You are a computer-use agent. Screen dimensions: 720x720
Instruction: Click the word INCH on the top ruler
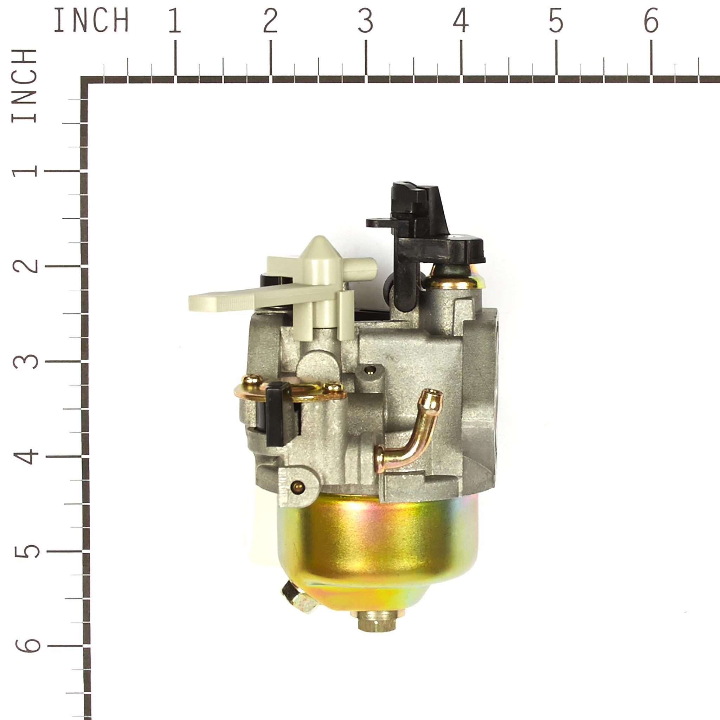coord(91,20)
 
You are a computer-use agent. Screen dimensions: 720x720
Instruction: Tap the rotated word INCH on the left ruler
coord(25,86)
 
